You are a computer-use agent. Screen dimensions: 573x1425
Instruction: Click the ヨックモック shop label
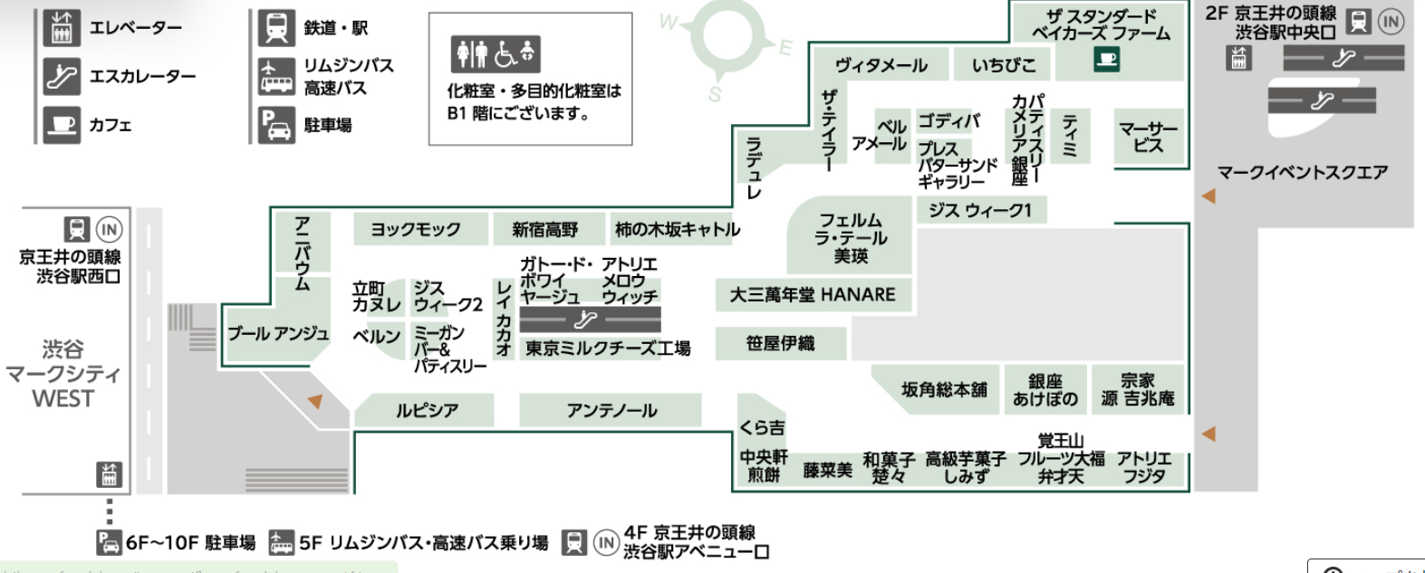click(416, 230)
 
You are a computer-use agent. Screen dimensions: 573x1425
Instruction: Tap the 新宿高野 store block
click(545, 230)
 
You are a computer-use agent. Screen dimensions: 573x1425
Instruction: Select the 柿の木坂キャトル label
click(677, 230)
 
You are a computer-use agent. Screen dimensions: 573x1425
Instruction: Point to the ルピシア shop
click(426, 410)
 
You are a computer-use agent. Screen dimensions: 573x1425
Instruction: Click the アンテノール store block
click(611, 410)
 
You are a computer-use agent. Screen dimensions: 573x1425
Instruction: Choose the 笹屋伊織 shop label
click(780, 343)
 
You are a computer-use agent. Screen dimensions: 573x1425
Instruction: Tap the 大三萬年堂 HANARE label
click(813, 295)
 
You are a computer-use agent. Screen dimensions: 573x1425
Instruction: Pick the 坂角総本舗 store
click(943, 390)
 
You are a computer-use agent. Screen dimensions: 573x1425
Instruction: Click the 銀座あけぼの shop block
click(1045, 390)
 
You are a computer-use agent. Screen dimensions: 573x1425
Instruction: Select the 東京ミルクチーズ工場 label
click(608, 348)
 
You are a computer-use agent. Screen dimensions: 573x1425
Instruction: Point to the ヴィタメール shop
click(881, 65)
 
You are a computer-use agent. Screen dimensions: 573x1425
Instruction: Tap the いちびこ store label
click(1003, 65)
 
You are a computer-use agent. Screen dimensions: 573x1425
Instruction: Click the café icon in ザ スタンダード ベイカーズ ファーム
click(1106, 60)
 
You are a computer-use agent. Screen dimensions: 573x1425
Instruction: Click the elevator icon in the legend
click(62, 28)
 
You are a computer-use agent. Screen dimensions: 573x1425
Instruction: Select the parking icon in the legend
click(275, 125)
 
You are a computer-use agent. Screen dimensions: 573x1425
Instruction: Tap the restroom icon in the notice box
click(470, 54)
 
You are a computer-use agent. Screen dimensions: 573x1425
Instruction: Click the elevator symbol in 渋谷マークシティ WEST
click(109, 473)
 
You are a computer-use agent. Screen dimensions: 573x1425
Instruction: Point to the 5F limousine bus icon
click(282, 542)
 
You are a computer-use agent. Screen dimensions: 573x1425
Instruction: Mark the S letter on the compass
click(715, 94)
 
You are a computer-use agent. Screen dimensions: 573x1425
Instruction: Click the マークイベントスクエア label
click(1302, 172)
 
